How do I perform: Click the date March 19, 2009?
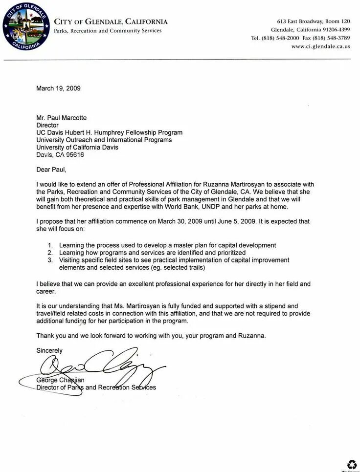pos(58,88)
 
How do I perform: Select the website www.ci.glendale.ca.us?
pos(320,46)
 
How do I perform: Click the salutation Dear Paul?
pos(51,170)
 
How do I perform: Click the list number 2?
pos(50,253)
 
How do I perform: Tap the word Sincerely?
pos(49,351)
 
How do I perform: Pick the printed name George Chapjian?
pos(60,380)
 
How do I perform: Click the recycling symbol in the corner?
pos(352,464)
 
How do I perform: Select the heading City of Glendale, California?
pos(111,21)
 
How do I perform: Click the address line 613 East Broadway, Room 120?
pos(314,21)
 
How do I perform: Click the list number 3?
pos(50,260)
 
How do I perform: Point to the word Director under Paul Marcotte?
pos(47,125)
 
